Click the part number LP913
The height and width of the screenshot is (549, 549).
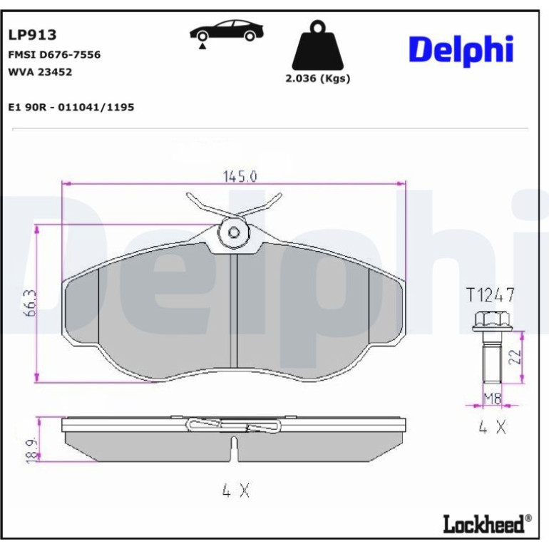coord(32,35)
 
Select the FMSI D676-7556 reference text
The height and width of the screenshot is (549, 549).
coord(54,55)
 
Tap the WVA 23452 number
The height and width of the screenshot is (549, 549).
coord(40,72)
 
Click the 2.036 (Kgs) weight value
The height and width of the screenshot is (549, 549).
coord(318,78)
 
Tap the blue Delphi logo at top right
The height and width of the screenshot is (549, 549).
coord(461,51)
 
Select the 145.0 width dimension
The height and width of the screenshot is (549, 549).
coord(240,176)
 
